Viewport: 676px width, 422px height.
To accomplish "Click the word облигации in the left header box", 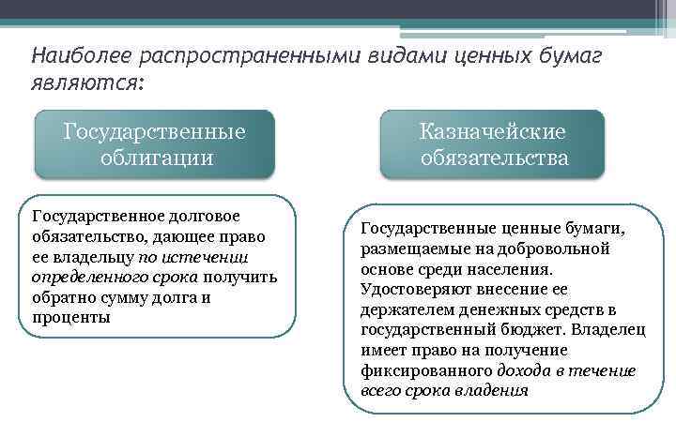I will click(x=156, y=158).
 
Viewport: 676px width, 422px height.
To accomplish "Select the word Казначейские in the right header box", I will click(x=493, y=132).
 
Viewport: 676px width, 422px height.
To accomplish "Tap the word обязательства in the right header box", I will click(x=494, y=158).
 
